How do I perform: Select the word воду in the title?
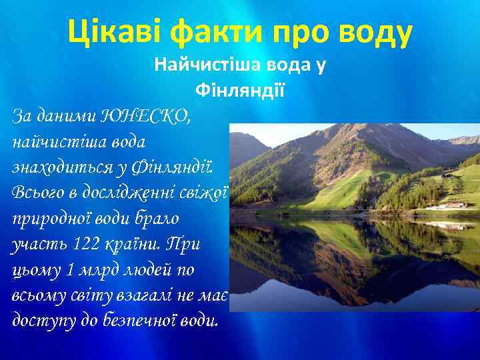point(370,31)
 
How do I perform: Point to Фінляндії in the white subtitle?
point(239,89)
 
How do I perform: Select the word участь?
point(39,244)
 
